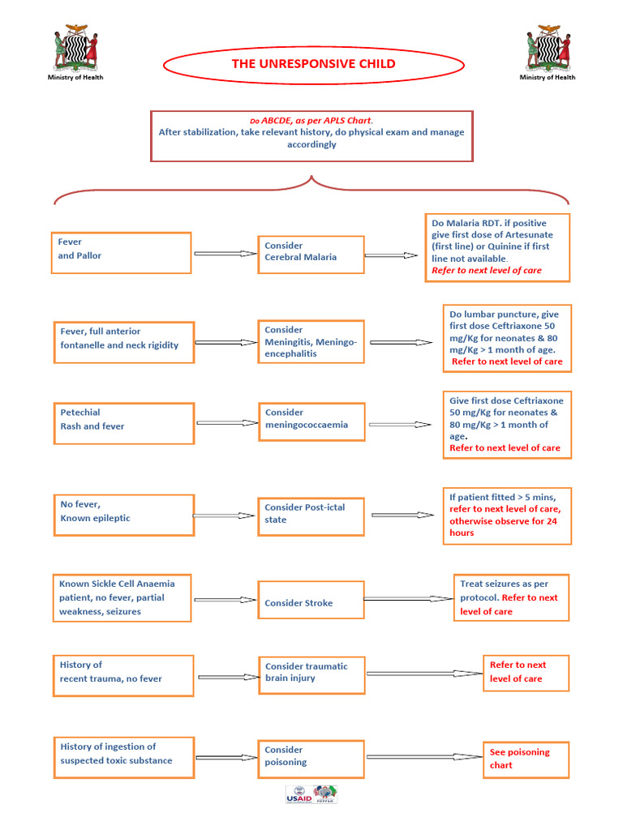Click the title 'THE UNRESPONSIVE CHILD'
coord(313,64)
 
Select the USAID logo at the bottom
coord(299,795)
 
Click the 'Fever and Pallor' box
coord(122,252)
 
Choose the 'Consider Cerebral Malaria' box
coord(311,252)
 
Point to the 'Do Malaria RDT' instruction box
coord(497,247)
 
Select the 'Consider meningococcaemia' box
coord(311,421)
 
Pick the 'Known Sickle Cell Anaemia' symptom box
coord(122,598)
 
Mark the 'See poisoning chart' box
coord(526,759)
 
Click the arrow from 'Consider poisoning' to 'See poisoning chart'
coord(424,757)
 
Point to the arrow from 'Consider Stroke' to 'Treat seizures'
coord(409,599)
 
